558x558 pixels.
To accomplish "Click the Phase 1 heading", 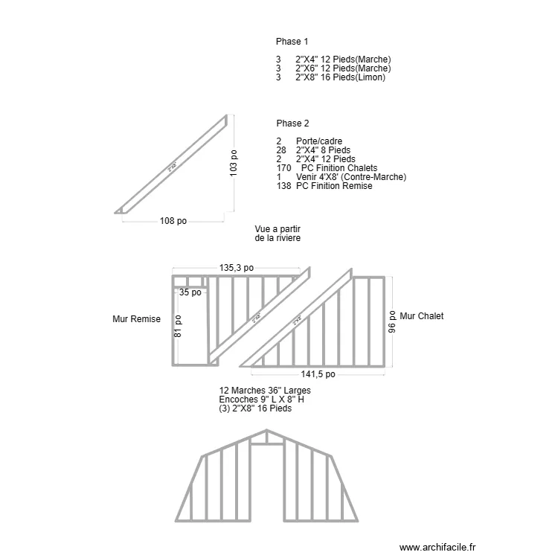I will click(x=292, y=42).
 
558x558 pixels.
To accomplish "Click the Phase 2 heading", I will click(x=292, y=124).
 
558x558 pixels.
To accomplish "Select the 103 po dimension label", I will click(x=234, y=164).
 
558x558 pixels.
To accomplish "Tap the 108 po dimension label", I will click(x=173, y=221).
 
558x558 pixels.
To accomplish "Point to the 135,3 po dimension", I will click(x=237, y=268).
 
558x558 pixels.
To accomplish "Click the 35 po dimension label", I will click(x=190, y=292).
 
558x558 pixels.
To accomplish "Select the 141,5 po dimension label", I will click(x=318, y=375).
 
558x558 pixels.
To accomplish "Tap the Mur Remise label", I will click(x=136, y=319).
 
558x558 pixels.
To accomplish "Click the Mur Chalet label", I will click(x=421, y=316).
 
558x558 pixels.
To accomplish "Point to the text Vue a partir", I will click(x=282, y=229).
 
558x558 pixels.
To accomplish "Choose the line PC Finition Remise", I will click(x=333, y=186).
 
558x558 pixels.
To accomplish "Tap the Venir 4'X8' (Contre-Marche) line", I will click(x=350, y=177).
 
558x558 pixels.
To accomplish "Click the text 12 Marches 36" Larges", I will click(x=265, y=391).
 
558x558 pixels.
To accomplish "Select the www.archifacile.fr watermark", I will click(x=437, y=547).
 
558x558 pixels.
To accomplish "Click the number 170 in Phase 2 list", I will click(x=283, y=168).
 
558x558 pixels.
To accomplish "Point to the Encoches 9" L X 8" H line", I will click(x=261, y=400).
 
